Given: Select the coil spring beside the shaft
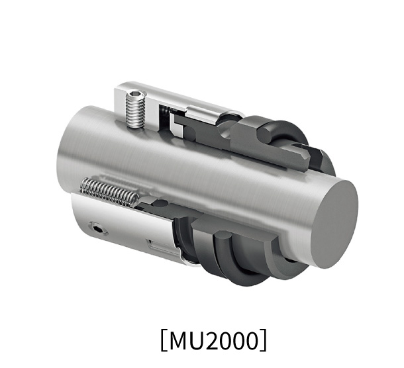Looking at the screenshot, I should (109, 191).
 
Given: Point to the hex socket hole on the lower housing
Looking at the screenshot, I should (100, 230).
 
